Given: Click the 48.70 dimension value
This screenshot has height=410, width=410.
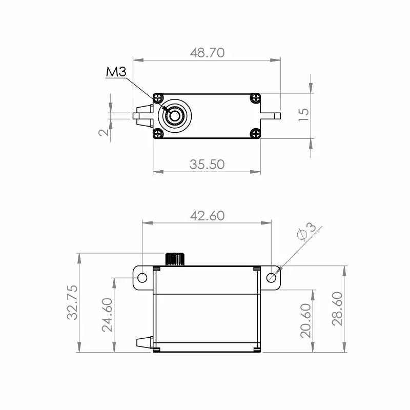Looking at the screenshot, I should coord(207,53).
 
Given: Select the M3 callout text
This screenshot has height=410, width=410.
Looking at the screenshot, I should coord(116,72).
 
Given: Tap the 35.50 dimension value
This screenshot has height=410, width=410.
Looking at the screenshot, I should coord(207,164).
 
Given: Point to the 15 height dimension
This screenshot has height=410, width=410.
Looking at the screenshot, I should coord(303,114).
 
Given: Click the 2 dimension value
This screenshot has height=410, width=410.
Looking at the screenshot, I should coord(104,132).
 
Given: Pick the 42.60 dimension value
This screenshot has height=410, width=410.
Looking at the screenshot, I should coord(207,215).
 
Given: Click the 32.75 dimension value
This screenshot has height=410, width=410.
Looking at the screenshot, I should coord(73,302).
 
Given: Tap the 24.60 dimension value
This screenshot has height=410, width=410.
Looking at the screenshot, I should coord(107,315).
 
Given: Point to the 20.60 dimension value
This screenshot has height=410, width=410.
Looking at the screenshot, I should coord(305,320).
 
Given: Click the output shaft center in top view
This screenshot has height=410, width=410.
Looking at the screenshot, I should coord(175,115).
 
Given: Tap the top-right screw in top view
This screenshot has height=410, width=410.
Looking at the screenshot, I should coord(255,97).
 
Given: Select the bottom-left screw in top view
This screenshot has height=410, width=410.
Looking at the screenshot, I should coord(158,134).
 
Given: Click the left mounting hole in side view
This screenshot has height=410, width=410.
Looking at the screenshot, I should coord(142,278).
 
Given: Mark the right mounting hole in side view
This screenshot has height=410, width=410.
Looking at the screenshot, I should coord(272,278).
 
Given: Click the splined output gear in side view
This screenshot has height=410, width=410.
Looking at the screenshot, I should coord(174,259).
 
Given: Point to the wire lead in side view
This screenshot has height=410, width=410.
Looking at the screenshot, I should coord(144,341).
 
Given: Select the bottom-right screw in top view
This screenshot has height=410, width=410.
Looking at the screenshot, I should coord(255,134).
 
